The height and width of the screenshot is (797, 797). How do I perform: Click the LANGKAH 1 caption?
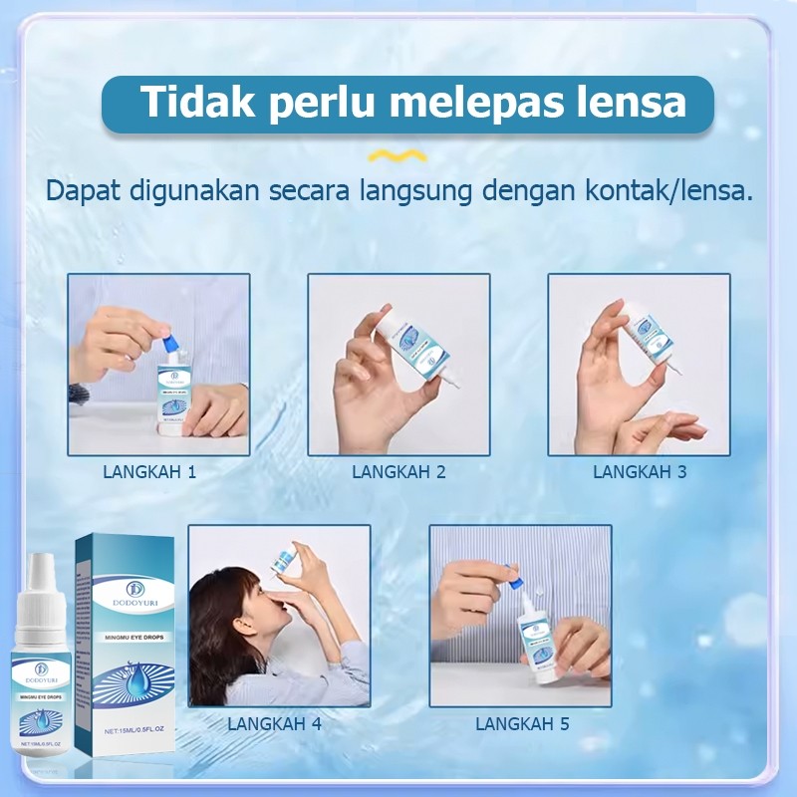coord(149,472)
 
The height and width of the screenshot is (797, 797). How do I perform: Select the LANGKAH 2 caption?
coord(398,472)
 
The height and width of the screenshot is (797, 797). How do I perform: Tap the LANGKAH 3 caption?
coord(640,472)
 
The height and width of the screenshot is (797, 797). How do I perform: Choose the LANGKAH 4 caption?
coord(274,724)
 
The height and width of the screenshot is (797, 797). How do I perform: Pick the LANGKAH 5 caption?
coord(522,724)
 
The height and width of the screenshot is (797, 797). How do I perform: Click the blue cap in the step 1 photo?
coord(176,342)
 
